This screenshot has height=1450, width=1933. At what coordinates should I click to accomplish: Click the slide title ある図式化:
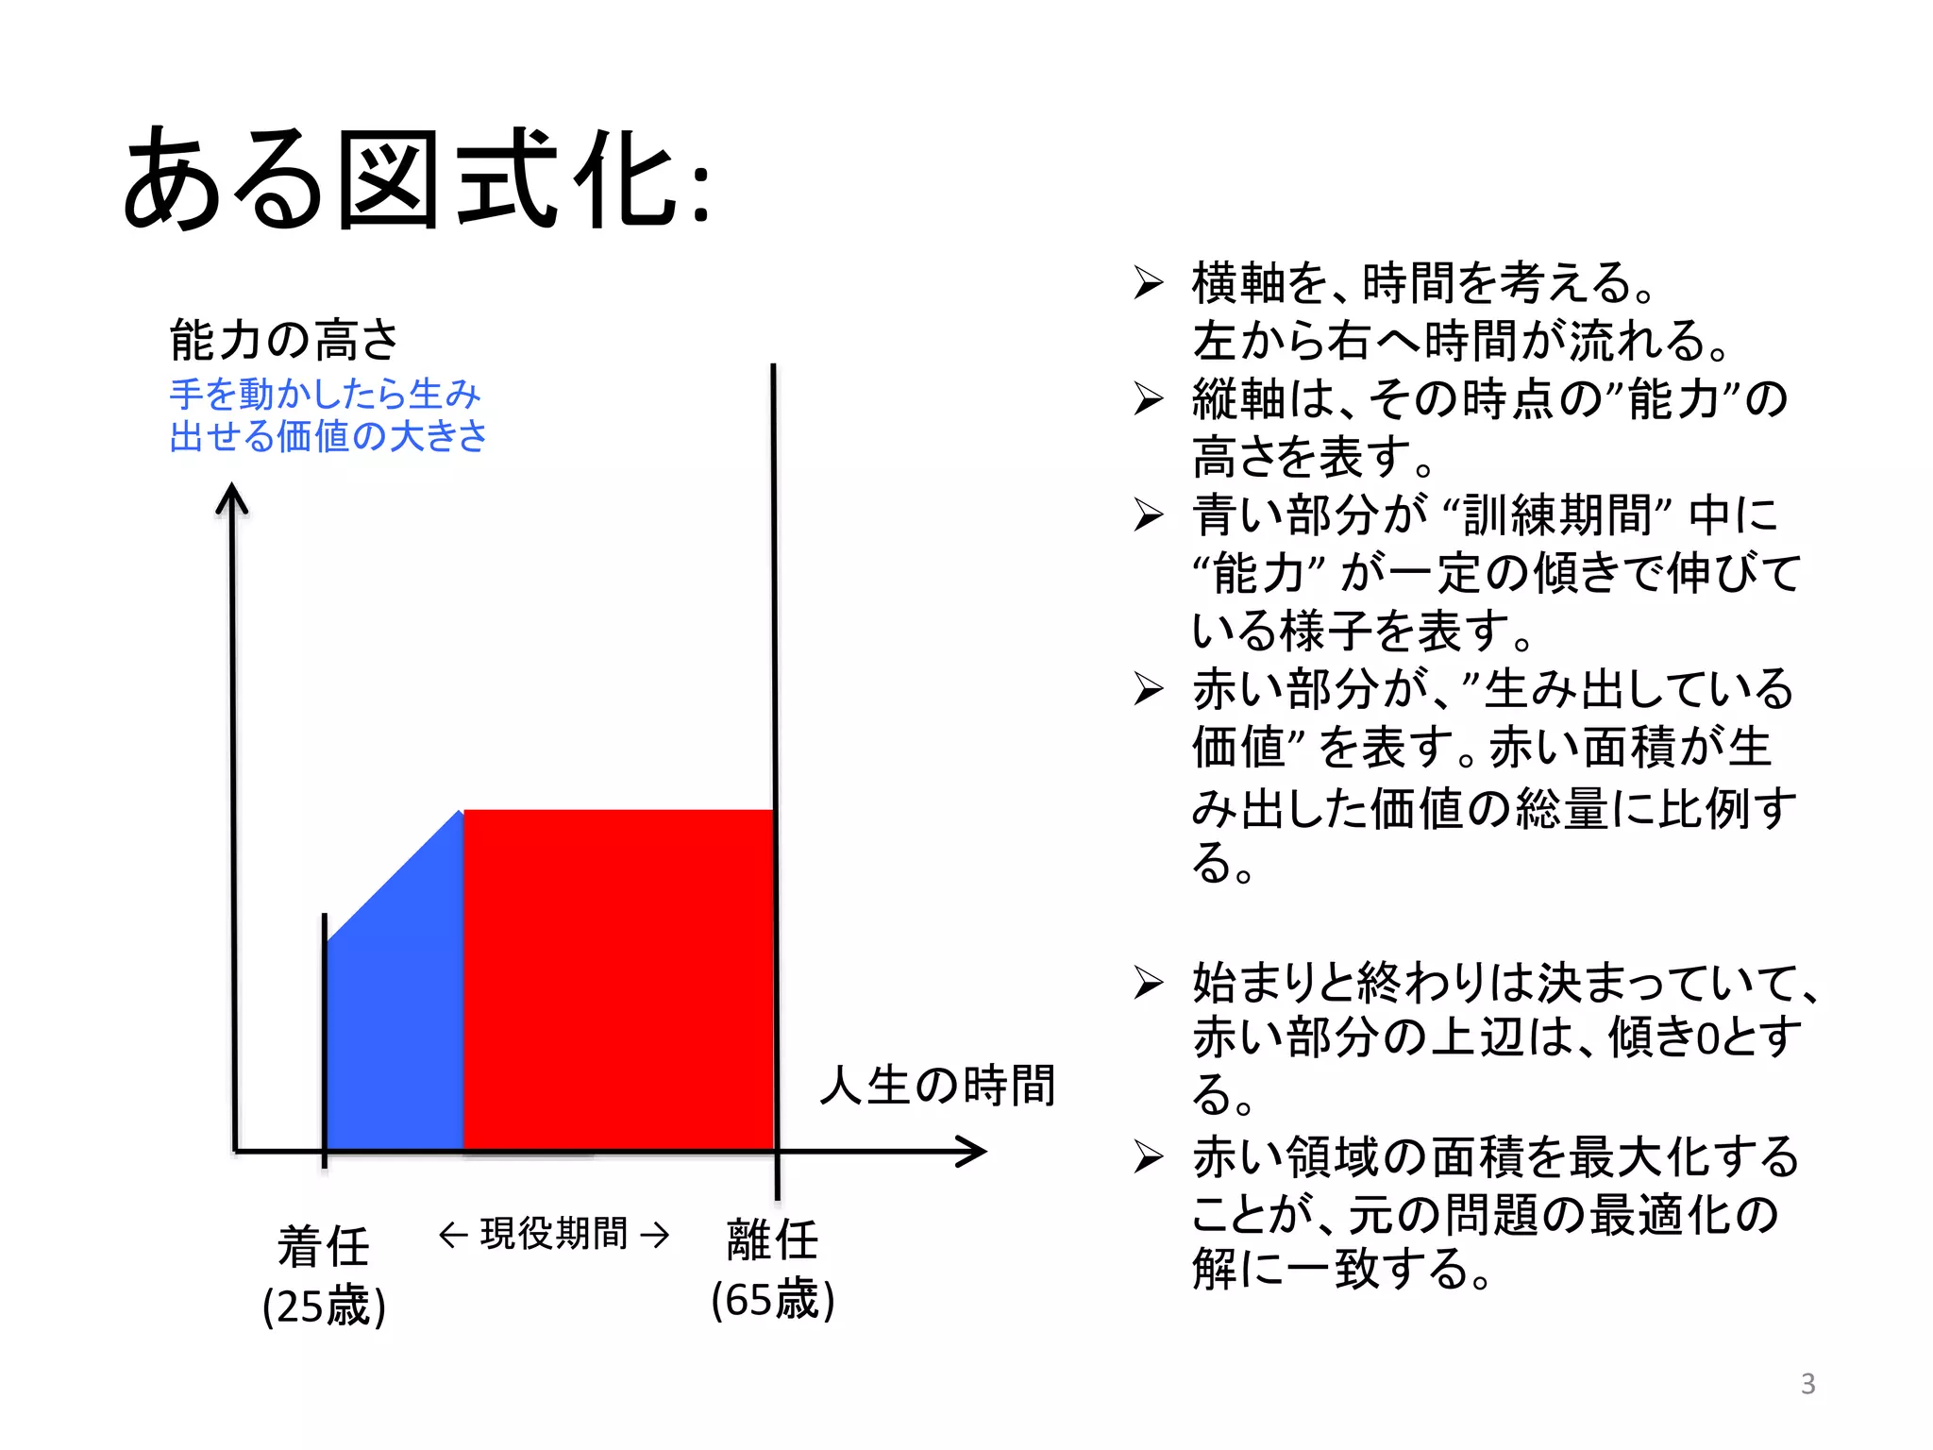coord(415,179)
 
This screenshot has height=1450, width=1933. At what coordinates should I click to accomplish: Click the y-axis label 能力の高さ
coord(284,340)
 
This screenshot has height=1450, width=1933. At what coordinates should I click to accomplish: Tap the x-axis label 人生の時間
coord(937,1085)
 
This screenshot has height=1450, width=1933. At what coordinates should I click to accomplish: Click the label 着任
coord(324,1246)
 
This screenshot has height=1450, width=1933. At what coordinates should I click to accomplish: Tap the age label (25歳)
coord(324,1307)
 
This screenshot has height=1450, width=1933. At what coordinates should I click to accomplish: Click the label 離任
coord(772,1239)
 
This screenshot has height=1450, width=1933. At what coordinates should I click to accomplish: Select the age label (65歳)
coord(772,1300)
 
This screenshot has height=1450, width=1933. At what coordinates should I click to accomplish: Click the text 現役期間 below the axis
coord(554,1234)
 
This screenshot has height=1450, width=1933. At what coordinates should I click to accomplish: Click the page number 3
coord(1807,1384)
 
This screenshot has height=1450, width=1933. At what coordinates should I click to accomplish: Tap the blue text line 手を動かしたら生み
coord(326,394)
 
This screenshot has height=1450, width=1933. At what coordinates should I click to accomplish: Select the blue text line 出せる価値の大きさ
coord(328,436)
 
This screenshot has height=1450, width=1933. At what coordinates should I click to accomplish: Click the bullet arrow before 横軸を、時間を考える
coord(1149,282)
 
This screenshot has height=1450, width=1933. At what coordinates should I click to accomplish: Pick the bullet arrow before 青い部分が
coord(1149,514)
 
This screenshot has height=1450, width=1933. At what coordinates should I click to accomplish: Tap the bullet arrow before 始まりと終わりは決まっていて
coord(1149,983)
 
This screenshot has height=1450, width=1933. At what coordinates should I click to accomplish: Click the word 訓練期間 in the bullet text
coord(1558,515)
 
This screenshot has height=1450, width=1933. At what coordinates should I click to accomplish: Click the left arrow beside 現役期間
coord(453,1235)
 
